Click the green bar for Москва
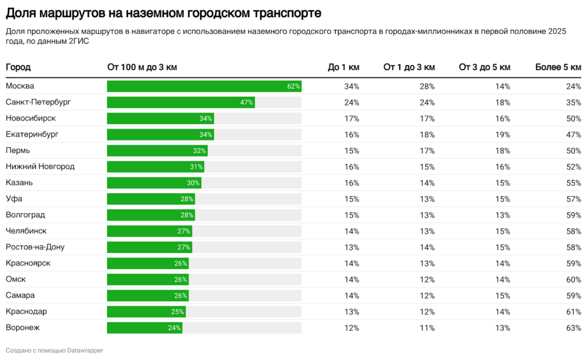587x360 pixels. (x=204, y=86)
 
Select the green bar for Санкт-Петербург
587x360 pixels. (x=181, y=102)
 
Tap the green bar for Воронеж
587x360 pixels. (x=144, y=328)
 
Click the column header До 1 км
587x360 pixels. (x=343, y=67)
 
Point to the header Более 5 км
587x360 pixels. (x=558, y=67)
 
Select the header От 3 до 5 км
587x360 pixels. (x=484, y=67)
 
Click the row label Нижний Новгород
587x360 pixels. (x=40, y=167)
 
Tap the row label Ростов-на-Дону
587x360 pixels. (x=35, y=247)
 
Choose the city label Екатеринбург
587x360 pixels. (x=32, y=135)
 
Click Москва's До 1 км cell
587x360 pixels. (x=351, y=87)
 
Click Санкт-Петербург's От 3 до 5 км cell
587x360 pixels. (x=502, y=103)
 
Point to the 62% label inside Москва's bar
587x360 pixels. (x=293, y=87)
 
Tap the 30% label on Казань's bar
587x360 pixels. (x=193, y=183)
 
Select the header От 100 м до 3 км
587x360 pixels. (x=142, y=67)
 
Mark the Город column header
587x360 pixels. (x=18, y=67)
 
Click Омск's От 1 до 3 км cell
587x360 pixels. (x=427, y=280)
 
